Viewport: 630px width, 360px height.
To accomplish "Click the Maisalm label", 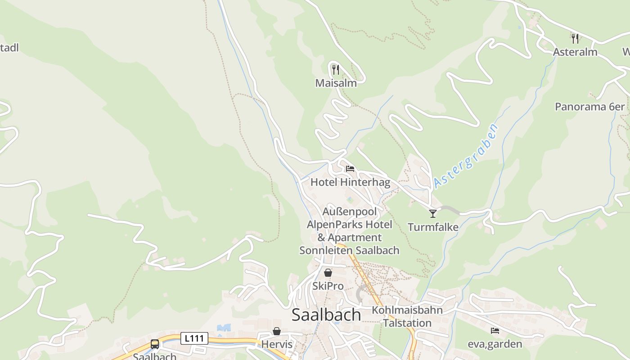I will (336, 83).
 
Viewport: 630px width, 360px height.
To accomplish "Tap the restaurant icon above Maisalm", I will (336, 69).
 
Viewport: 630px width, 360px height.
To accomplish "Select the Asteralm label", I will (575, 52).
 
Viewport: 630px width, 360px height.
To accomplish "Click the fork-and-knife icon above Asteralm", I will (575, 38).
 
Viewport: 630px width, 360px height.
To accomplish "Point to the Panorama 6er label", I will (589, 107).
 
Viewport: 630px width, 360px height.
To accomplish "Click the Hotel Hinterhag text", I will (350, 182).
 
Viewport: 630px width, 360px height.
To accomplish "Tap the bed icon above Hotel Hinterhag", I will (350, 169).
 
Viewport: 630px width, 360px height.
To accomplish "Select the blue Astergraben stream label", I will (467, 156).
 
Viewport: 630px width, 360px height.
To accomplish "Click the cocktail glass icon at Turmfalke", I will (433, 213).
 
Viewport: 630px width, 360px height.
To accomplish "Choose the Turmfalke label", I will (433, 227).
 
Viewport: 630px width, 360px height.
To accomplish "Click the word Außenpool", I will (350, 211).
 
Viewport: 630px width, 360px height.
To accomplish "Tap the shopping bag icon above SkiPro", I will (328, 273).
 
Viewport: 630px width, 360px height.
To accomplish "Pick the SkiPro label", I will (328, 286).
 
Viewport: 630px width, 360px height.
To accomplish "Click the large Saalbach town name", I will (326, 315).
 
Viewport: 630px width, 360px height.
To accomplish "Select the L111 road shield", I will (194, 338).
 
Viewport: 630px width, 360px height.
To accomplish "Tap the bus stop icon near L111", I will (155, 344).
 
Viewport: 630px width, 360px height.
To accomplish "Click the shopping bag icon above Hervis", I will (277, 331).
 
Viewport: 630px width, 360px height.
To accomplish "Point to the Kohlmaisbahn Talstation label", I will (407, 316).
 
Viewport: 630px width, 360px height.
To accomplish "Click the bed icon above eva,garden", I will (495, 331).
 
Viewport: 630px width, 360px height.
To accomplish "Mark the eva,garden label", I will (495, 344).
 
